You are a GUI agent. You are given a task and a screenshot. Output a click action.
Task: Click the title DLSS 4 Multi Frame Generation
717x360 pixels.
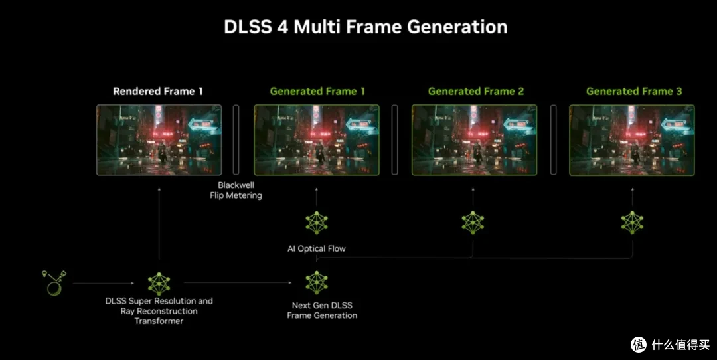point(365,27)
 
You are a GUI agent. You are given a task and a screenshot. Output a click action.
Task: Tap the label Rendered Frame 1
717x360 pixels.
point(158,92)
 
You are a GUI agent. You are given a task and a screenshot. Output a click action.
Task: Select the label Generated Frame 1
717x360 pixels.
point(317,92)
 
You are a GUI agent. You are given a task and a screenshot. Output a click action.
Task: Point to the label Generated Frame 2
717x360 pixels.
point(475,92)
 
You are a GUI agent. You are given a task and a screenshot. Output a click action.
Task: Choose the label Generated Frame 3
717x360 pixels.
point(634,92)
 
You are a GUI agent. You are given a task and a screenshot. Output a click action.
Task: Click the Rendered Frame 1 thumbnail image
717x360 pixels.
point(159,140)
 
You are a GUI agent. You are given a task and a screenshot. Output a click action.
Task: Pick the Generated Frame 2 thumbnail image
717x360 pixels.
point(474,140)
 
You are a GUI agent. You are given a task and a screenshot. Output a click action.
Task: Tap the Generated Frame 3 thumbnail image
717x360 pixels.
point(632,140)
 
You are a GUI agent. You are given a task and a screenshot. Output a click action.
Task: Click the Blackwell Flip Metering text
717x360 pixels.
point(236,190)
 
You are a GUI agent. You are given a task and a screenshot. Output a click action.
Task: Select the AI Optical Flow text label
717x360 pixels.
point(317,249)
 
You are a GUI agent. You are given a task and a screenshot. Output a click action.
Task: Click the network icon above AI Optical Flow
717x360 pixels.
point(317,223)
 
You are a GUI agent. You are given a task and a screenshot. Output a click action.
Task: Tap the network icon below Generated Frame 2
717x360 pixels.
point(473,223)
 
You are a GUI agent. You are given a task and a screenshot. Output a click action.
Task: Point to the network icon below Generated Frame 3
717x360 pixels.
point(633,223)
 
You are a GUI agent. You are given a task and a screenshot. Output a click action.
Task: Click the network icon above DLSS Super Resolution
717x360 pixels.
point(159,284)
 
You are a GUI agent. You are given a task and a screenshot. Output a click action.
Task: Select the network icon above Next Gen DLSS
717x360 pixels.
point(317,283)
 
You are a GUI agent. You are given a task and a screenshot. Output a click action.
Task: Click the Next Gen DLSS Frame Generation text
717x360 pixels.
point(322,310)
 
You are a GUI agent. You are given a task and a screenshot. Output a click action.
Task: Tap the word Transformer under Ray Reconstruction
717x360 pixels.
point(159,321)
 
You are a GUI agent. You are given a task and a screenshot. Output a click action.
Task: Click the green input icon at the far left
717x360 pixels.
point(54,283)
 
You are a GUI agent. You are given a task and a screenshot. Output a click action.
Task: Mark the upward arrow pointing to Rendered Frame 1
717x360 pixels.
point(159,224)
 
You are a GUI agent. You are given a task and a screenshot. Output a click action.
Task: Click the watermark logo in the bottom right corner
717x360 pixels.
point(639,345)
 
